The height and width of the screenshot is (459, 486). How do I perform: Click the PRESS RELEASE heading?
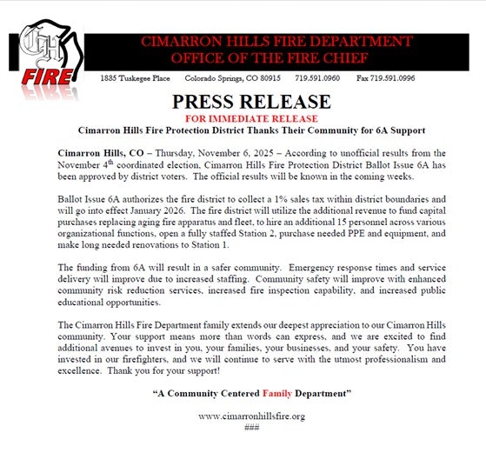(251, 102)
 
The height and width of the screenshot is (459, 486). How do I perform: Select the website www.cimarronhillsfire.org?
(251, 416)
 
